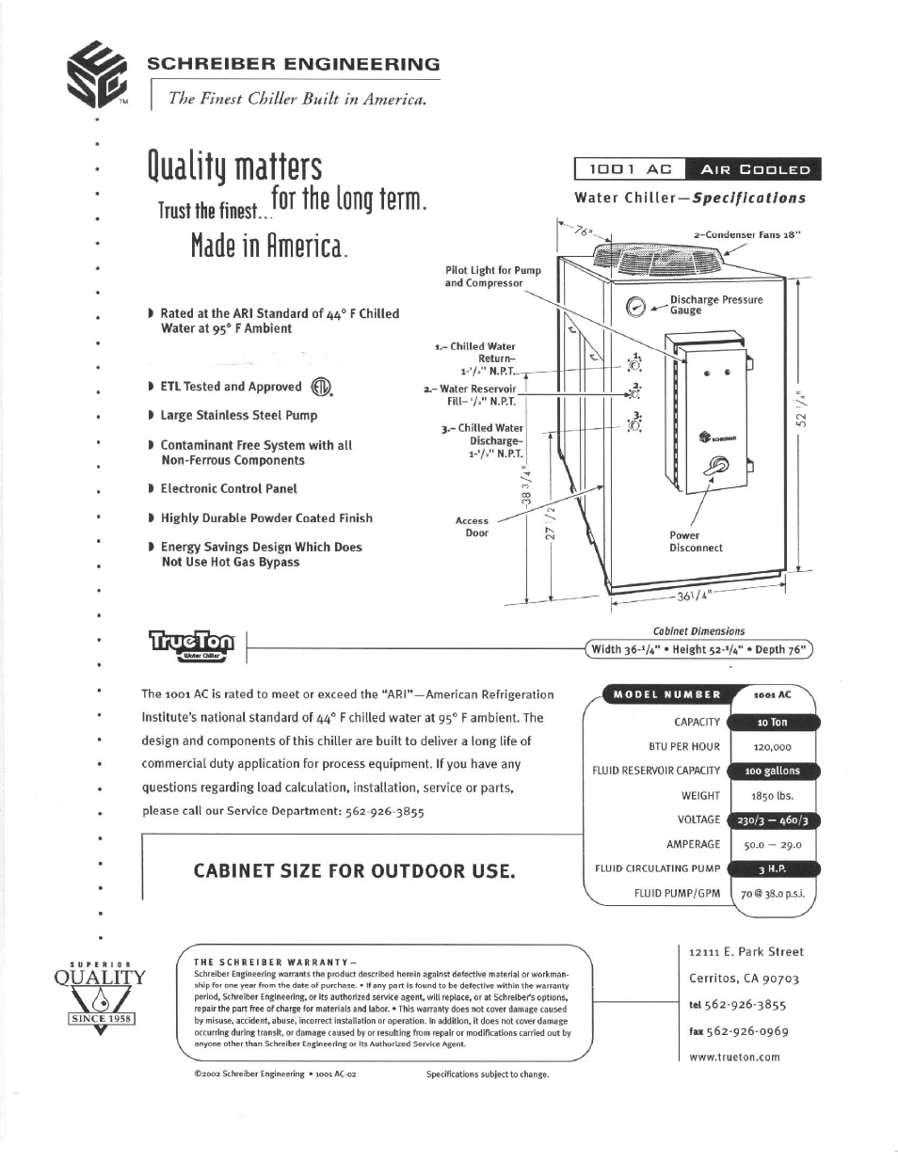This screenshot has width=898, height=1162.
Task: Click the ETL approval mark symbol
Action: click(x=322, y=388)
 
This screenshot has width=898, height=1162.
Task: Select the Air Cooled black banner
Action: click(x=753, y=169)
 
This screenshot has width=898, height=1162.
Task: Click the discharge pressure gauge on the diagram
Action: click(x=635, y=306)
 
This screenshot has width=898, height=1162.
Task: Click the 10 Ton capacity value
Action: click(x=772, y=722)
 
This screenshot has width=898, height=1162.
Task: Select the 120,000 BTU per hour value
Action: click(x=772, y=746)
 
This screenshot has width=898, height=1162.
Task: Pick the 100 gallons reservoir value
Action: click(x=772, y=771)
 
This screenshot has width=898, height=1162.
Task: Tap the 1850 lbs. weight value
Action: click(x=772, y=795)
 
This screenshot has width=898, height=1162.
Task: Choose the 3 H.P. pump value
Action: click(x=772, y=868)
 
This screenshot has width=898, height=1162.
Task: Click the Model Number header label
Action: click(x=666, y=694)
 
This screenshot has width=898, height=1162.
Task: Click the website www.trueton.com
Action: click(x=734, y=1057)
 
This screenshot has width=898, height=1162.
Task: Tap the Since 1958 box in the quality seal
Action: click(x=102, y=1018)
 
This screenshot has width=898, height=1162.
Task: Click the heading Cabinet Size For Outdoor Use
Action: click(x=354, y=871)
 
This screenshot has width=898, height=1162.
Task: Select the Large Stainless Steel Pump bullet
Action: click(x=238, y=415)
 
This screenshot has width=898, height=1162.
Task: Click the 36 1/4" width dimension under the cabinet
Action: click(x=695, y=596)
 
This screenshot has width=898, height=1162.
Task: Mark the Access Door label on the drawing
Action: click(x=473, y=526)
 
